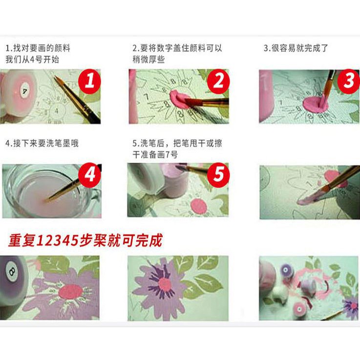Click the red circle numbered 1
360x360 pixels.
click(89, 82)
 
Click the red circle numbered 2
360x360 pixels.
click(218, 82)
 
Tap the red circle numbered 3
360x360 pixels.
click(349, 82)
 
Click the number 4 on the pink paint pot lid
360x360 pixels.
click(24, 91)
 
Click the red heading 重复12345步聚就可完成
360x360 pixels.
click(85, 240)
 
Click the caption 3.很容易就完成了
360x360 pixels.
click(296, 48)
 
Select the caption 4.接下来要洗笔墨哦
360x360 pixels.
click(42, 143)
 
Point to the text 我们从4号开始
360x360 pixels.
click(32, 60)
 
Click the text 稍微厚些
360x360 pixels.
click(148, 60)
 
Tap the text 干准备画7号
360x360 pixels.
click(155, 154)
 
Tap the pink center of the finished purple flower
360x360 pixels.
click(165, 284)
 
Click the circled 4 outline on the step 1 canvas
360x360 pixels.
click(57, 111)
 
